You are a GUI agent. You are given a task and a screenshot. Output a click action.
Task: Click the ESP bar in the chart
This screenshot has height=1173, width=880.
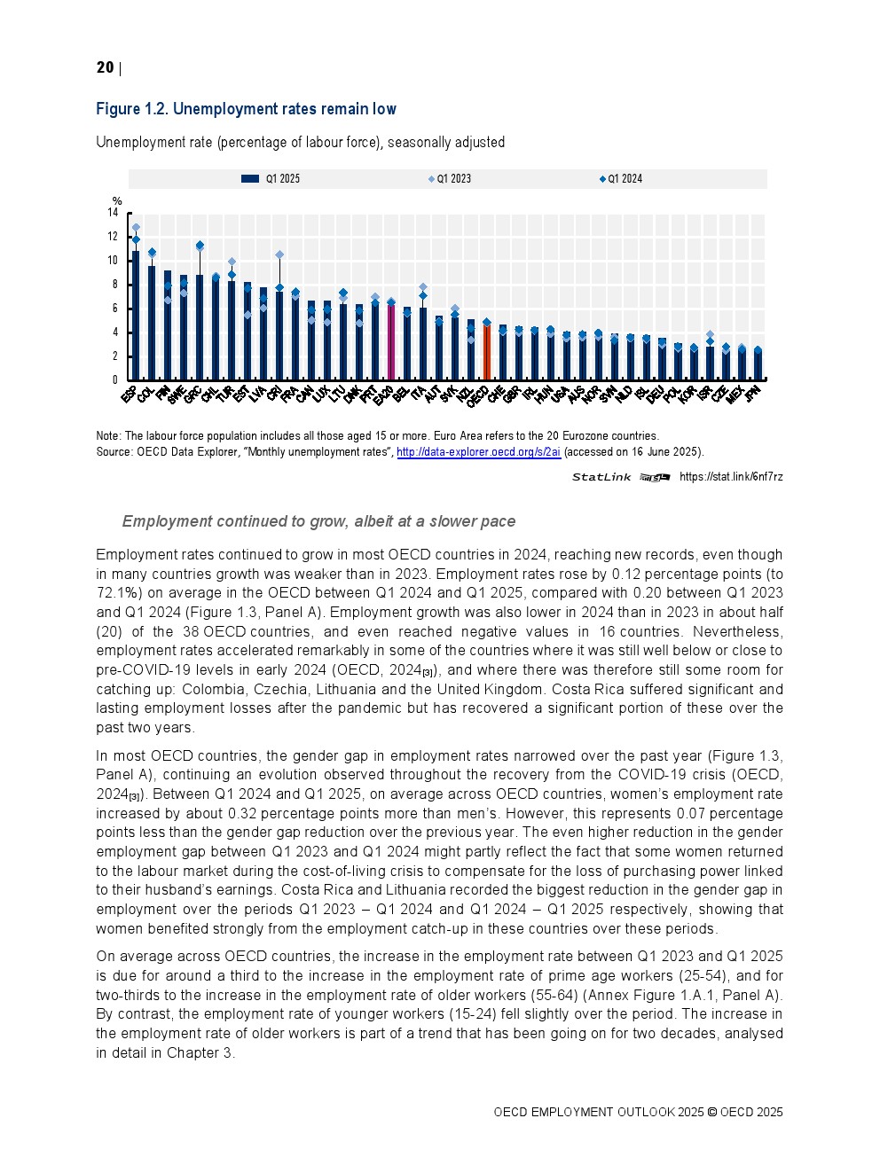coord(136,316)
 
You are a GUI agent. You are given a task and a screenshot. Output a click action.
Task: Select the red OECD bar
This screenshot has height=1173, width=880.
coord(486,353)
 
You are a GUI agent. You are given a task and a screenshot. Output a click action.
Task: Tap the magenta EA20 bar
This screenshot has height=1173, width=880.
coord(390,343)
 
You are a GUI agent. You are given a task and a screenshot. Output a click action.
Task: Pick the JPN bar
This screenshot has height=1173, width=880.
coord(758,365)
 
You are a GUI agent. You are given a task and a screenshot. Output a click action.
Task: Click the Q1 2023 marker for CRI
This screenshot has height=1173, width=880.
coord(279,254)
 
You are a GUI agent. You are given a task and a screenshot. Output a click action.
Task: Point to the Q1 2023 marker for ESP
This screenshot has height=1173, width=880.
coord(136,227)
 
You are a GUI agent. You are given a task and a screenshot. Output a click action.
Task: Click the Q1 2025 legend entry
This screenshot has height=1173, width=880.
coord(271,179)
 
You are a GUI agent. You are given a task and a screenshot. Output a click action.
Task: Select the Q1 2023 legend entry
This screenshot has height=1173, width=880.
coord(450,179)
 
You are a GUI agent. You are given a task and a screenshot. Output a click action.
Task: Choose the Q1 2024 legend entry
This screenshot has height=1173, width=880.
coord(621,179)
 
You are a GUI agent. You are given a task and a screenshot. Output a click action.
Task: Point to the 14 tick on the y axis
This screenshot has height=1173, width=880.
coord(114,213)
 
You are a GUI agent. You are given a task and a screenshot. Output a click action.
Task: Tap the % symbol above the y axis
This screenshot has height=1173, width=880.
coord(117,201)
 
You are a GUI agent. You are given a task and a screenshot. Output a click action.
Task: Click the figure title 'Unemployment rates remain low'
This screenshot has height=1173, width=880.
coord(246,109)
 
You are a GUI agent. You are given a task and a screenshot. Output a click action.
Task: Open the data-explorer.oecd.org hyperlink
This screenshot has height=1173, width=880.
coord(478,452)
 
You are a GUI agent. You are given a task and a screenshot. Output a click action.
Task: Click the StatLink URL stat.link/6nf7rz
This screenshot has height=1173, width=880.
coord(731,477)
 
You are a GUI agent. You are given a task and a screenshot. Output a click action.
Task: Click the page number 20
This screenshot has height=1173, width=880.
coord(105,67)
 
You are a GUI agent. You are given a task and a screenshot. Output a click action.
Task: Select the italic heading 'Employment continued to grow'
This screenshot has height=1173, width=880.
coord(318,521)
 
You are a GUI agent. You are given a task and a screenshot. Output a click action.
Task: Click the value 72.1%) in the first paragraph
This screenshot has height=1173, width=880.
coord(119,593)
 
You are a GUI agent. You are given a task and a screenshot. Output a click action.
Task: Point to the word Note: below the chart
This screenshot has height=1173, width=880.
coord(109,436)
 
